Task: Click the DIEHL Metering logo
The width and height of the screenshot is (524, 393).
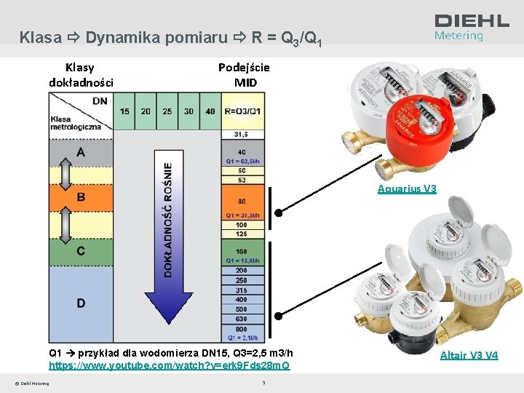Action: click(x=472, y=27)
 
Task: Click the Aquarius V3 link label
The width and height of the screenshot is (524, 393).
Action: click(x=407, y=189)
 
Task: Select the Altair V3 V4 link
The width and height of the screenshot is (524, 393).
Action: click(x=469, y=355)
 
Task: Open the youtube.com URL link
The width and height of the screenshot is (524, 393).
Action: click(x=169, y=365)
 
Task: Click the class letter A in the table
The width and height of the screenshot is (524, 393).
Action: click(x=81, y=152)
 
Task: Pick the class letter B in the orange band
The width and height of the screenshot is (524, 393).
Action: click(x=81, y=197)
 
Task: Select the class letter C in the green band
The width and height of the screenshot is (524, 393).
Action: click(x=81, y=251)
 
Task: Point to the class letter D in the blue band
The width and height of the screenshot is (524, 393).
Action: click(x=81, y=302)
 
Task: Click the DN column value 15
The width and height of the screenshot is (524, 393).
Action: click(x=125, y=111)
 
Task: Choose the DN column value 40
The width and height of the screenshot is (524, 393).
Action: click(x=210, y=111)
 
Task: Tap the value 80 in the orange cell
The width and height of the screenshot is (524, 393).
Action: click(x=241, y=201)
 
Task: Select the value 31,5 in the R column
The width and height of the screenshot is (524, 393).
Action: click(x=241, y=135)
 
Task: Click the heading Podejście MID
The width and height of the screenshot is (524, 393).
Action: click(x=244, y=74)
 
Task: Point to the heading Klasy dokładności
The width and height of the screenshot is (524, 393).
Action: click(x=81, y=74)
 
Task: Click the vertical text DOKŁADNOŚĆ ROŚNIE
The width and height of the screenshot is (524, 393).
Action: click(x=168, y=218)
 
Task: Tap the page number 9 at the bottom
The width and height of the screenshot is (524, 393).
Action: click(x=263, y=382)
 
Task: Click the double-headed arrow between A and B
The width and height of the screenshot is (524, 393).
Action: click(x=63, y=175)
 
